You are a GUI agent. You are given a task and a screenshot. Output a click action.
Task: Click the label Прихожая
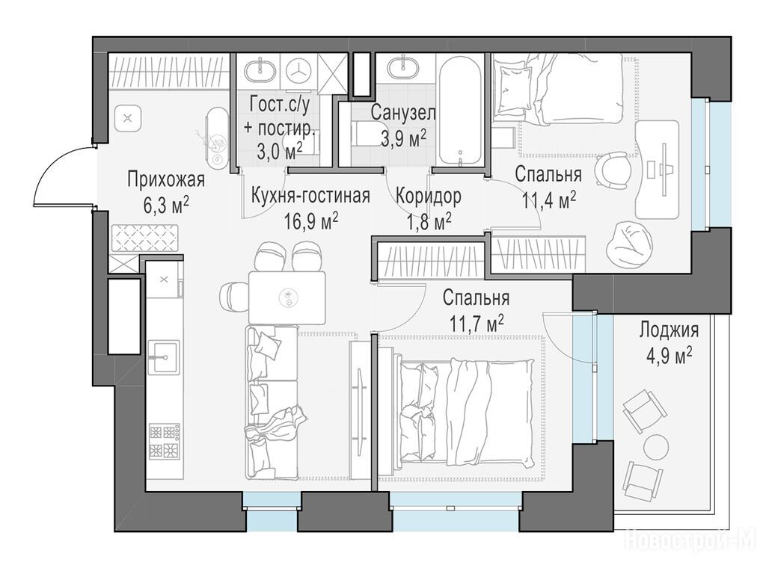coord(165,179)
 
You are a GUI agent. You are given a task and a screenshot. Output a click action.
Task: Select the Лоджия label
coord(670,330)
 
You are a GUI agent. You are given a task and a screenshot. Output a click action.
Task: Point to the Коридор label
coord(428,197)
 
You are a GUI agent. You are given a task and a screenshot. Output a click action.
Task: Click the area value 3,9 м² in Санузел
coord(403,138)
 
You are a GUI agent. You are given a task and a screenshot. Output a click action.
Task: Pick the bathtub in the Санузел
coord(461,112)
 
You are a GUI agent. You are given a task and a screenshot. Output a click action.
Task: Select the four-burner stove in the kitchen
coord(164,441)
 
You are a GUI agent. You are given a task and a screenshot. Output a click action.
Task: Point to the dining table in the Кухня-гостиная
coord(287,297)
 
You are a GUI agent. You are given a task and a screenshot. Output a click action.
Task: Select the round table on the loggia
coord(655,445)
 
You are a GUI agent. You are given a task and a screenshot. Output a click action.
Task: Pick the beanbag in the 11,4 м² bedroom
coord(630,241)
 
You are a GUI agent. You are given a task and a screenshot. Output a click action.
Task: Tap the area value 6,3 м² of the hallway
coord(165,206)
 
